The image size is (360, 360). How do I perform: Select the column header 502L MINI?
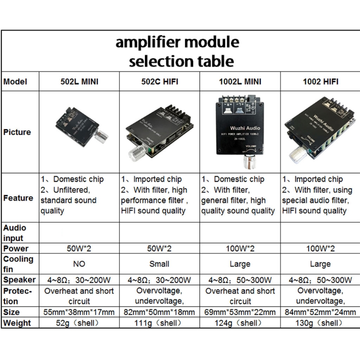[x=79, y=82]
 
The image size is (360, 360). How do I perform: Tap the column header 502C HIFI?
[x=159, y=82]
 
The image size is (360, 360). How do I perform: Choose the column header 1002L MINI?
[x=238, y=82]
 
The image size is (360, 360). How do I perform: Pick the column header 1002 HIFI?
[x=319, y=82]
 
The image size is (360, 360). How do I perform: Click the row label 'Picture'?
[x=17, y=132]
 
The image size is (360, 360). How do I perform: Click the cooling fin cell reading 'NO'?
[x=79, y=264]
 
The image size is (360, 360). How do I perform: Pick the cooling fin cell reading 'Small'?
[x=159, y=264]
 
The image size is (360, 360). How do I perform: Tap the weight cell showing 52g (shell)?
[x=79, y=323]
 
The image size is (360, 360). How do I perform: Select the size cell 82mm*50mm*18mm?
[x=159, y=312]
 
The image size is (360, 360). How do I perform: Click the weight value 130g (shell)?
[x=319, y=323]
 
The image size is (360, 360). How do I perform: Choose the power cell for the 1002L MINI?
[x=238, y=248]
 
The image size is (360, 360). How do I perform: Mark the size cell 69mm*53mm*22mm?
[x=238, y=312]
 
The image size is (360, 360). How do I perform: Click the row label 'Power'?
[x=16, y=248]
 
